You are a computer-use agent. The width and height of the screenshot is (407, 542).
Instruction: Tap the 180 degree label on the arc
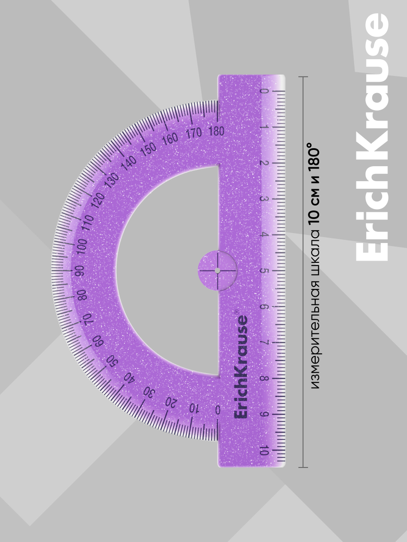click(x=217, y=131)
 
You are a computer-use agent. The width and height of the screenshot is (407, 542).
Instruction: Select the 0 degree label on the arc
click(x=218, y=410)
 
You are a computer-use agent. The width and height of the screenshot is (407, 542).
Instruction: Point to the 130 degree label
click(x=112, y=178)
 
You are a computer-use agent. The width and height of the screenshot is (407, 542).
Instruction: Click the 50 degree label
click(x=113, y=363)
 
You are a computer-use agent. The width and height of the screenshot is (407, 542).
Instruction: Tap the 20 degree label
click(x=171, y=403)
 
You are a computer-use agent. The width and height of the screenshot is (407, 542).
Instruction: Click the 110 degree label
click(x=88, y=223)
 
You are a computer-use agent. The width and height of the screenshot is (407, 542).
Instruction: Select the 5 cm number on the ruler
click(x=264, y=271)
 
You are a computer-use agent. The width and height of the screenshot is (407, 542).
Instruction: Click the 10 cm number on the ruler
click(x=264, y=451)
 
